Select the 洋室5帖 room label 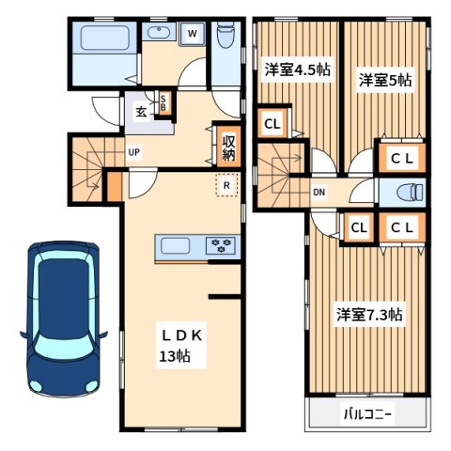pos(383,81)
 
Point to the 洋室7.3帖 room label pos(370,314)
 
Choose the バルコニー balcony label pos(367,413)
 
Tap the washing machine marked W pos(192,34)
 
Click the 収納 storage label pos(228,148)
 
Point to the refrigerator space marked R pos(226,186)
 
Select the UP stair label pos(134,151)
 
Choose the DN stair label pos(319,193)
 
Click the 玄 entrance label pos(141,112)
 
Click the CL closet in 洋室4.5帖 pos(272,123)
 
